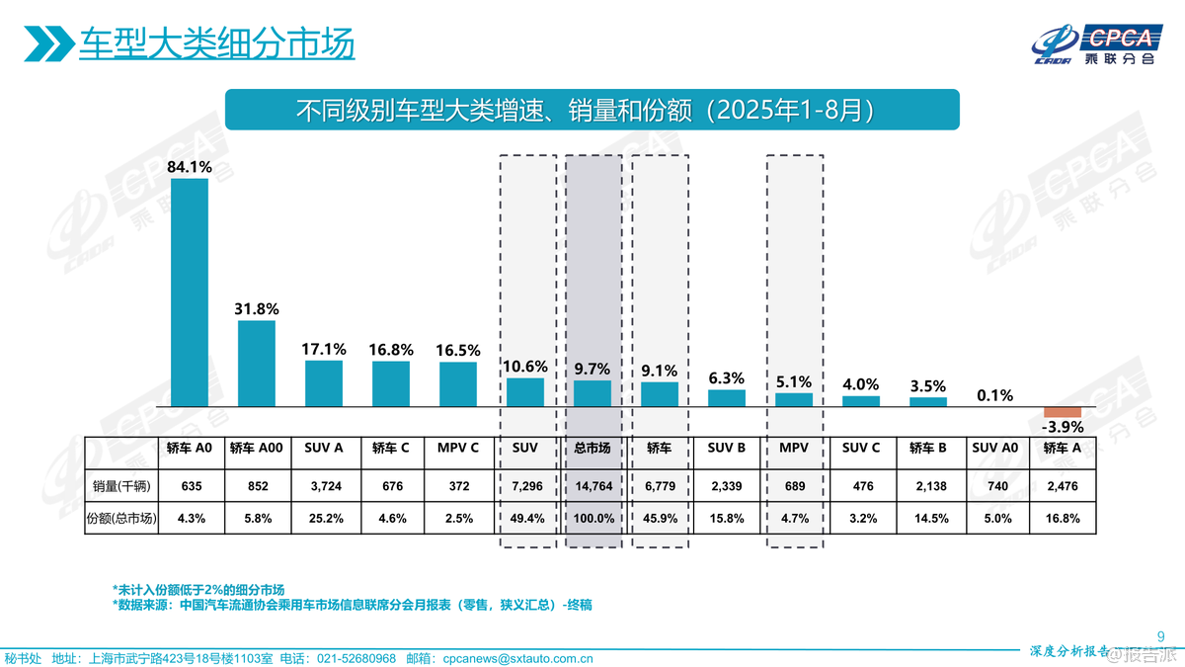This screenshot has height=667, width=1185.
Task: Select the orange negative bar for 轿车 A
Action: point(1063,412)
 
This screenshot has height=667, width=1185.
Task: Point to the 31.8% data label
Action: point(257,308)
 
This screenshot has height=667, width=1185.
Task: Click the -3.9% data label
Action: point(1063,428)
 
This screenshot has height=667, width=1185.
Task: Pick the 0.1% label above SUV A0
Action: point(995,395)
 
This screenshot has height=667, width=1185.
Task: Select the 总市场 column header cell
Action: point(592,448)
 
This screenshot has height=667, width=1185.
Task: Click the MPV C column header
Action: point(458,448)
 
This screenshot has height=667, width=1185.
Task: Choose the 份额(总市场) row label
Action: point(121,518)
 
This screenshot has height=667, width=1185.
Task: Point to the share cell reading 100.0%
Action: point(592,518)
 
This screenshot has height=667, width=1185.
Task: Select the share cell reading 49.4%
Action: point(525,518)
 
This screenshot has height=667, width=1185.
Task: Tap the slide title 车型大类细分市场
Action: point(216,44)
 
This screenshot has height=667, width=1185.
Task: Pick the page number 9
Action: point(1160,635)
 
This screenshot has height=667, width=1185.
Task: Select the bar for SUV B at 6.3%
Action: point(727,398)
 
